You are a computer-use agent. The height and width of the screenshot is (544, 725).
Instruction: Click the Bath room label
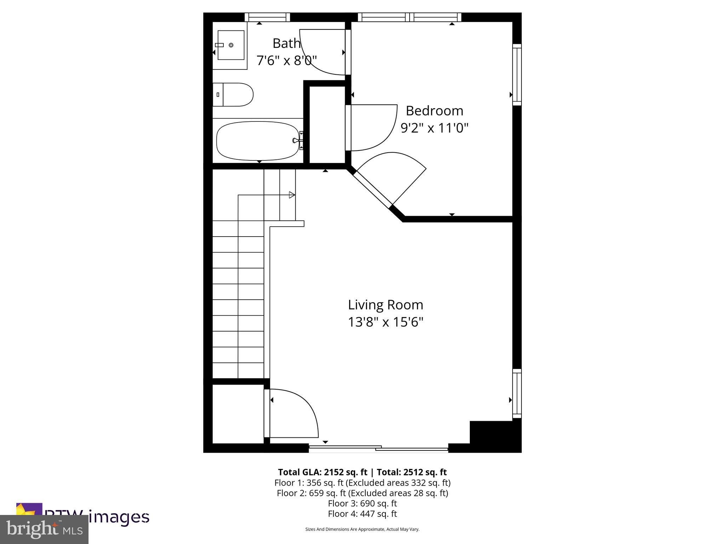click(286, 44)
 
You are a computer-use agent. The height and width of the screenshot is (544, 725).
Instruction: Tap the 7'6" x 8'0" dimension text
click(286, 61)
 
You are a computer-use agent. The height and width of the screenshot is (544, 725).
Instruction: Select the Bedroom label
click(434, 111)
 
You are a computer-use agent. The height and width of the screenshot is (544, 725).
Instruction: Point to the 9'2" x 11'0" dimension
click(434, 127)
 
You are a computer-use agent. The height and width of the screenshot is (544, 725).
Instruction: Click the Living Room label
click(385, 305)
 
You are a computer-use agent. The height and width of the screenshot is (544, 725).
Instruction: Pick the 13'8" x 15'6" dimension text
click(385, 322)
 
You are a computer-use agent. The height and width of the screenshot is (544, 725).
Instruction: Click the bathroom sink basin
click(231, 45)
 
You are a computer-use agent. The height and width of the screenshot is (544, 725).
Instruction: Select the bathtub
click(258, 141)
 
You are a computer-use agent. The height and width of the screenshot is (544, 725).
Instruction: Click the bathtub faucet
click(297, 140)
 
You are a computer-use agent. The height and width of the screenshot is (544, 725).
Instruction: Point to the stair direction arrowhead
click(292, 195)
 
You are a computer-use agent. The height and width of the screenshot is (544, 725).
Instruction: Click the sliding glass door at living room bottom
click(378, 449)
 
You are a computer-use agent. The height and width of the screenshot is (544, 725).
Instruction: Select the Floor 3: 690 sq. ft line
click(362, 503)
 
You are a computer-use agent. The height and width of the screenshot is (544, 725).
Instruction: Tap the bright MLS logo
click(44, 529)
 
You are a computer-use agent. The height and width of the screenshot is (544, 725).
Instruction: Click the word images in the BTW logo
click(119, 517)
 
